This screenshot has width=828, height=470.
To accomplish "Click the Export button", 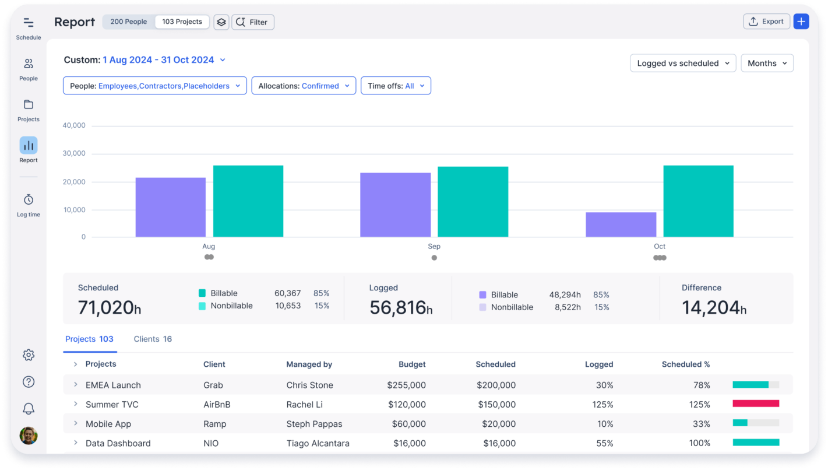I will (x=766, y=22).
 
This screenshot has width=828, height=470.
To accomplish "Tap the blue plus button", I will (x=801, y=22).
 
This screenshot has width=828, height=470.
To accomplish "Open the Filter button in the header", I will (x=253, y=22).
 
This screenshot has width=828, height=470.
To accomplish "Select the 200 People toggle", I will (x=129, y=22).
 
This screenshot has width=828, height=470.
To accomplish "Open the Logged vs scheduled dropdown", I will (x=683, y=63).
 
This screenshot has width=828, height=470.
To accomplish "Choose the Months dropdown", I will (x=767, y=63).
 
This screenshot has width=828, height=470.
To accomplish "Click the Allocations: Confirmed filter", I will (x=304, y=86).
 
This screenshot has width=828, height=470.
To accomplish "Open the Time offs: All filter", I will (x=396, y=86).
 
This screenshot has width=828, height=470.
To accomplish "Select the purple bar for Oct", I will (x=621, y=225).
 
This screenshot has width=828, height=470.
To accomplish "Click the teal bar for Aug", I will (x=248, y=201).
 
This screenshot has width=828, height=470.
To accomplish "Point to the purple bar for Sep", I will (x=395, y=205).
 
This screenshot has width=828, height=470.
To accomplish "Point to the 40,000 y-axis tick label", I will (x=73, y=125).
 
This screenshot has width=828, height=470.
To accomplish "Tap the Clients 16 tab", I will (x=153, y=339).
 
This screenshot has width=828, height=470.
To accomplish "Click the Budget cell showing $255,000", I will (x=406, y=385).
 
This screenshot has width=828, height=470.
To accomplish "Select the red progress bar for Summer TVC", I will (x=756, y=404).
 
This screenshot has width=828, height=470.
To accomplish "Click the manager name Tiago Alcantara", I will (x=318, y=443).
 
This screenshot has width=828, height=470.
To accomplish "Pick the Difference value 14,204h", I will (x=714, y=307).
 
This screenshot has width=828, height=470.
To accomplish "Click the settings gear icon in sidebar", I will (x=28, y=355).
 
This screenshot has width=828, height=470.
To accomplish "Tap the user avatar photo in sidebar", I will (x=28, y=436).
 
